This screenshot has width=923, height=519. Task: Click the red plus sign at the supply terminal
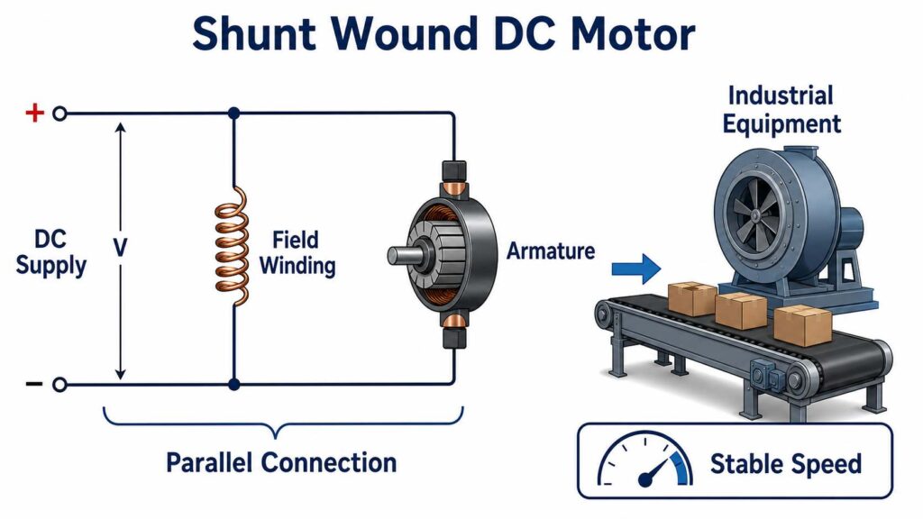(35, 113)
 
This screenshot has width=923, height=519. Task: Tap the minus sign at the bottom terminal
(34, 384)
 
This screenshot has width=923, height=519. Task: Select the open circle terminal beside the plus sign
(59, 114)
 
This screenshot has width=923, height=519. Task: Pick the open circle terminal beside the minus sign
(59, 385)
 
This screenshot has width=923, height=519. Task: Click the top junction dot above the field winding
(233, 113)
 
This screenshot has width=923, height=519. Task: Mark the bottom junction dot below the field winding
(233, 385)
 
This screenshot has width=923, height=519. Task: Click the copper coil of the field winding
(232, 246)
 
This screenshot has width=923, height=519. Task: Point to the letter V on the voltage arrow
(120, 249)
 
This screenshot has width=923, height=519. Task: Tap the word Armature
(551, 251)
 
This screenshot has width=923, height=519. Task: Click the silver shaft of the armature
(402, 255)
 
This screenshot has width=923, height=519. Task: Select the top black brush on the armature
(454, 172)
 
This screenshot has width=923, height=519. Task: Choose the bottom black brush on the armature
(454, 338)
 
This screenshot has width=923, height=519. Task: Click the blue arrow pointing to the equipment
(636, 269)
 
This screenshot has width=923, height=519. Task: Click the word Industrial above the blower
(781, 96)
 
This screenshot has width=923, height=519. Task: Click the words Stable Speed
(786, 464)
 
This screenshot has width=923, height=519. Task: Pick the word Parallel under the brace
(208, 462)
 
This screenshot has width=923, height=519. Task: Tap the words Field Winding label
(297, 252)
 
